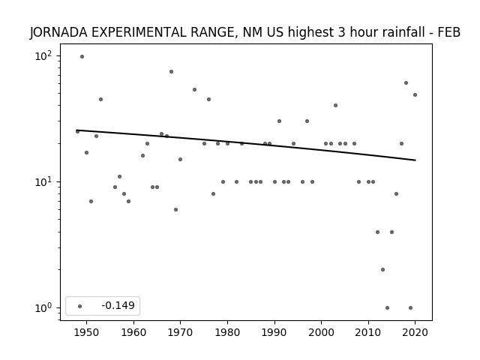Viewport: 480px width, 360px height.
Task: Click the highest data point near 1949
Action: [x=82, y=57]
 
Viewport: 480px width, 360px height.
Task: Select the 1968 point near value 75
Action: [x=172, y=72]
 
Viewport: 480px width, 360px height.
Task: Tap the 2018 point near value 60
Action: [x=406, y=83]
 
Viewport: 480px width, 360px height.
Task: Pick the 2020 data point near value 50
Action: [x=415, y=95]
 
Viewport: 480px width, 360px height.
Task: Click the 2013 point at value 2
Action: [x=382, y=270]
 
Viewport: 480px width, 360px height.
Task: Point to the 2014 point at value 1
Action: [x=387, y=308]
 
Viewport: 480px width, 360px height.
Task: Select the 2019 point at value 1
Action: [x=410, y=308]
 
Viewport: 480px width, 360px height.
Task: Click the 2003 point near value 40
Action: [x=335, y=105]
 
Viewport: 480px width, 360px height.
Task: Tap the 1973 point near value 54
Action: [x=194, y=90]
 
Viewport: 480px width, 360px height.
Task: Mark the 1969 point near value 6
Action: [x=175, y=210]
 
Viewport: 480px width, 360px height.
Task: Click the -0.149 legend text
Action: [x=118, y=305]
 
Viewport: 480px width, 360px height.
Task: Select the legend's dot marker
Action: [x=80, y=306]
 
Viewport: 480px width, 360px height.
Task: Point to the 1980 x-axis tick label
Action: [x=227, y=332]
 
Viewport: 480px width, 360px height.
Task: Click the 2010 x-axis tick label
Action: [x=368, y=332]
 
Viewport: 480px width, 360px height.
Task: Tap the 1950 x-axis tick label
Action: [x=87, y=332]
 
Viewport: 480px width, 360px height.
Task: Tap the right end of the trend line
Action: [x=415, y=160]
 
